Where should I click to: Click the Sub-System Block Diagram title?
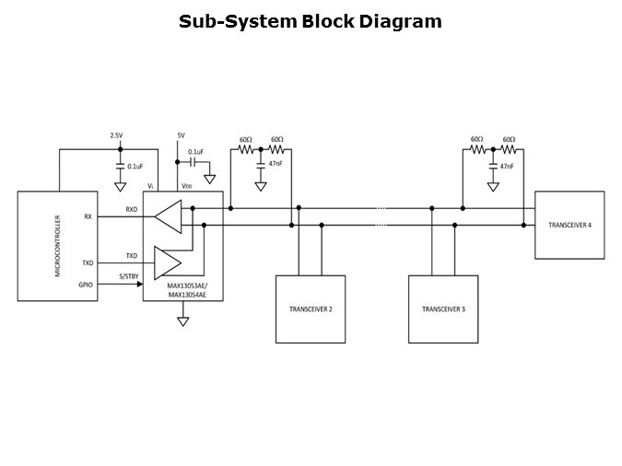(311, 20)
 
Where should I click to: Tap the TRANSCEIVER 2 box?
(311, 309)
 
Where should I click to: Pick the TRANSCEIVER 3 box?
(443, 309)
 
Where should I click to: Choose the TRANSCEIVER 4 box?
(569, 226)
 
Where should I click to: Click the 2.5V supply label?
(116, 135)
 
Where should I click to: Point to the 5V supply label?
(181, 135)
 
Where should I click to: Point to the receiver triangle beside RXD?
(168, 217)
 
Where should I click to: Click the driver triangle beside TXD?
(168, 262)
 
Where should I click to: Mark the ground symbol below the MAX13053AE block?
(182, 320)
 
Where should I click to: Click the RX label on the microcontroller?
(88, 216)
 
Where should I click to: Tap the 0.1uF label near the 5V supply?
(195, 152)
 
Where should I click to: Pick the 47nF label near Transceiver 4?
(506, 166)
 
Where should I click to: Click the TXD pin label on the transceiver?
(132, 255)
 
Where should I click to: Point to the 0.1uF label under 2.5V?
(135, 167)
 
